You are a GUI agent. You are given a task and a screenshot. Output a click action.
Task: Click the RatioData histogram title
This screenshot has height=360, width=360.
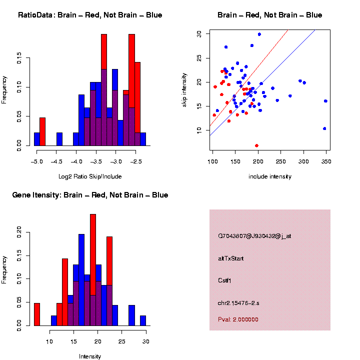(90, 15)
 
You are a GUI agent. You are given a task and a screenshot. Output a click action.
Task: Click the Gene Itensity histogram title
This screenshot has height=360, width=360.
(90, 195)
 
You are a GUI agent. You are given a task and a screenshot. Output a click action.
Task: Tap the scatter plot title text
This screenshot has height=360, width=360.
(269, 15)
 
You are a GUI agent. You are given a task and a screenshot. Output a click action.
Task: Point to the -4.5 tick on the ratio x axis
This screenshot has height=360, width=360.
(56, 162)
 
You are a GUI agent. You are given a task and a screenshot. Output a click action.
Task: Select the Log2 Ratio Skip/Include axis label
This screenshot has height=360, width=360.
(89, 176)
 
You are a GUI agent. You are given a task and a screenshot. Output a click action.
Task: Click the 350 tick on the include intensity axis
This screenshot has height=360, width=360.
(326, 162)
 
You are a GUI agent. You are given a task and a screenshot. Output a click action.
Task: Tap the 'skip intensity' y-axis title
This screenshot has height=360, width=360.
(184, 89)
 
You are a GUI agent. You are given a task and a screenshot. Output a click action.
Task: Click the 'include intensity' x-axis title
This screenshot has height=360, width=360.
(269, 176)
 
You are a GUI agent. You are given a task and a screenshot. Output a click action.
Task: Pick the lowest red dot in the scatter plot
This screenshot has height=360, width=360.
(256, 145)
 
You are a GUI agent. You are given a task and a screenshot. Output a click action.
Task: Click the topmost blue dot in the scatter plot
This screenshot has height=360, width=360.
(259, 34)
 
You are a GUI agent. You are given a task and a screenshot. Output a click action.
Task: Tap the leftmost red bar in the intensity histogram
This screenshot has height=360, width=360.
(36, 314)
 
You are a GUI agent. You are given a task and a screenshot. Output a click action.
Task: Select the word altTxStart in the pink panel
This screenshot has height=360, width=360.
(231, 258)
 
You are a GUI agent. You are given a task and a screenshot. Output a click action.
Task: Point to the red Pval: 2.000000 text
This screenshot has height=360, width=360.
(238, 319)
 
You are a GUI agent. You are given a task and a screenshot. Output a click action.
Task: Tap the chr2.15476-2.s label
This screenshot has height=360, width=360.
(238, 302)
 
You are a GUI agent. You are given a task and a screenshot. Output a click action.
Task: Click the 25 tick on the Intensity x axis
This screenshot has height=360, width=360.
(121, 341)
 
